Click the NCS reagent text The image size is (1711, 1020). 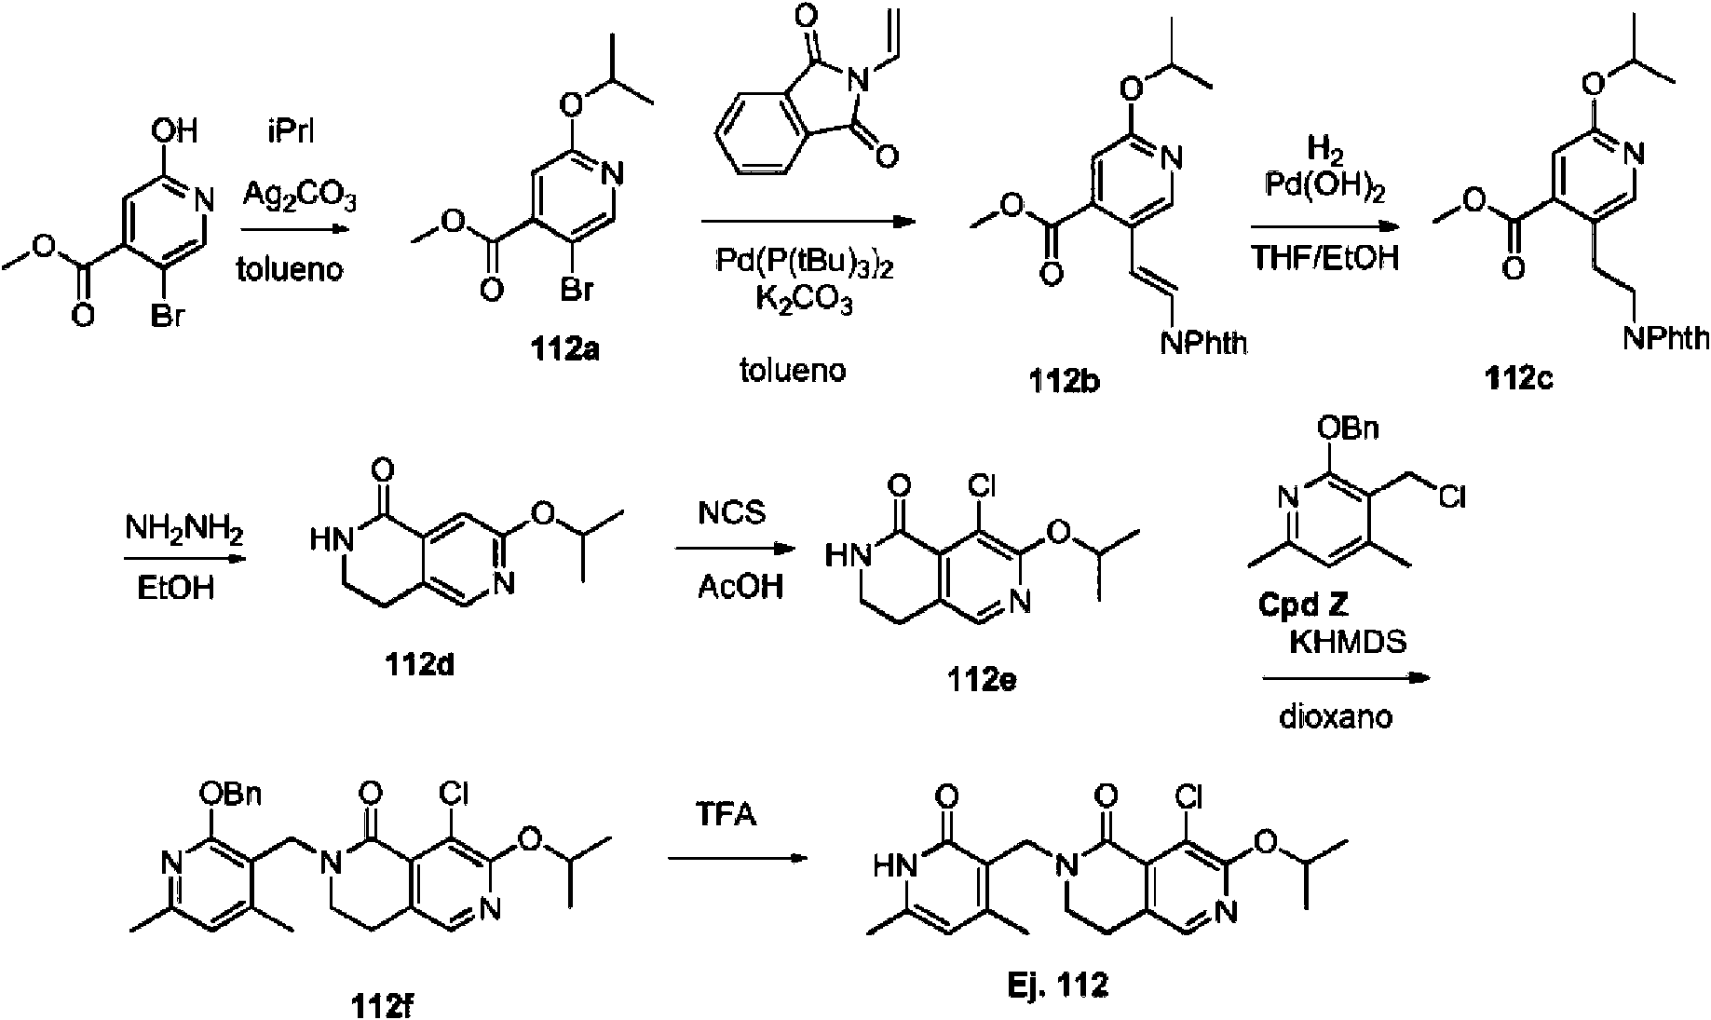(x=733, y=512)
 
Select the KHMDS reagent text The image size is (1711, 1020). (x=1347, y=642)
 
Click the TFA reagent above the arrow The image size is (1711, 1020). (x=728, y=815)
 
